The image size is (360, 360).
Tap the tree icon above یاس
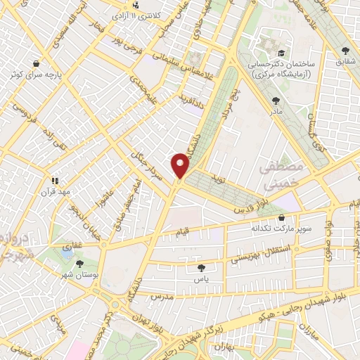[x=202, y=267]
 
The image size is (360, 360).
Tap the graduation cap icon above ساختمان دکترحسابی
[x=281, y=53]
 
